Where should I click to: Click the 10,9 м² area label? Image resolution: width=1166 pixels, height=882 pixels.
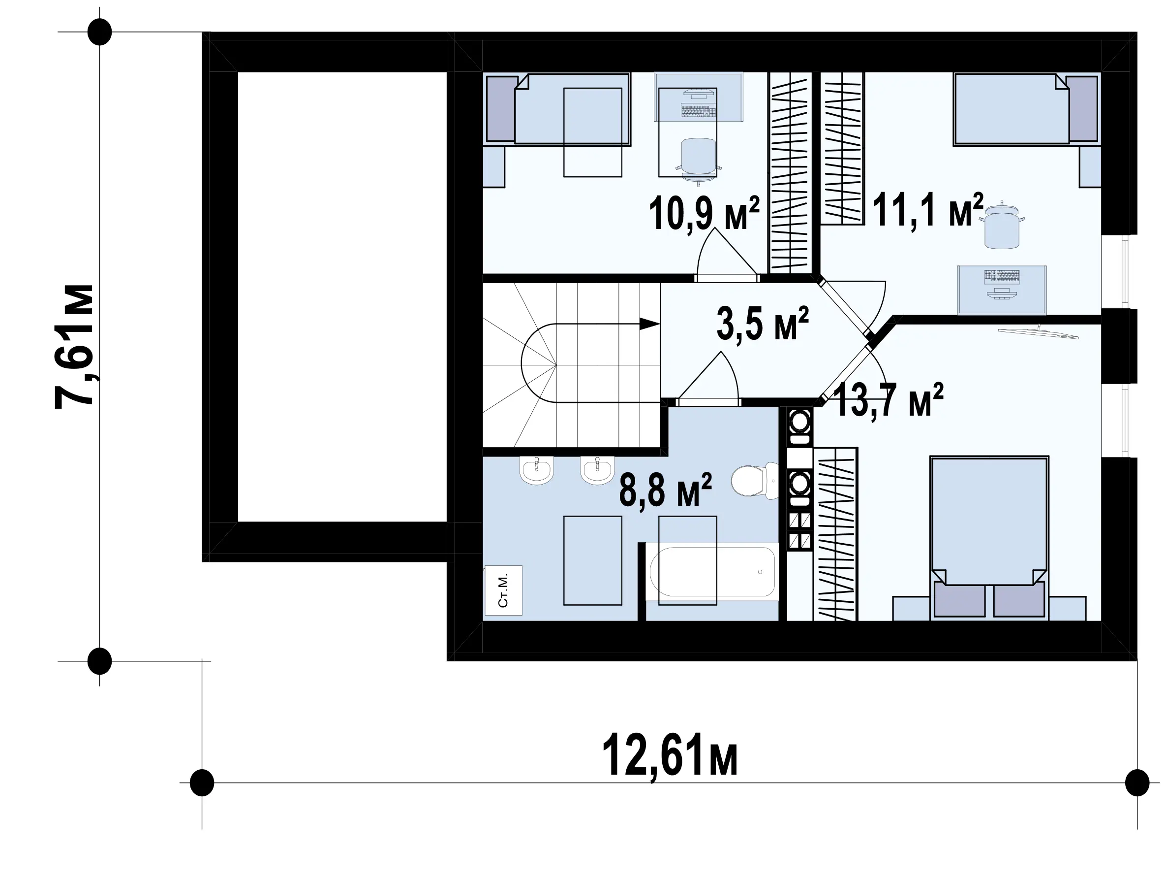click(705, 213)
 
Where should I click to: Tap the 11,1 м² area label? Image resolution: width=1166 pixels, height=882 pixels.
click(928, 209)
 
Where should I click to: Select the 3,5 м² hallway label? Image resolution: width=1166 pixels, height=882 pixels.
click(762, 324)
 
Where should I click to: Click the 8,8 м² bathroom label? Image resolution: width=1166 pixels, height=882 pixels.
click(665, 490)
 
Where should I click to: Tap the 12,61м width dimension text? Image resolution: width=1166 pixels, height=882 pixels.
click(670, 754)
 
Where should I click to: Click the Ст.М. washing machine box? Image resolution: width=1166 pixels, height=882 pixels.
click(503, 590)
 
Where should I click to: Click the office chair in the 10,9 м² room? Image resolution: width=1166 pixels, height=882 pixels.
click(699, 158)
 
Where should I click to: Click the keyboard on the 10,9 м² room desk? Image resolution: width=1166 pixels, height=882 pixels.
click(698, 111)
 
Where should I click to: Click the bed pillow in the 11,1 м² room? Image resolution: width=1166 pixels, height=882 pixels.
click(1083, 109)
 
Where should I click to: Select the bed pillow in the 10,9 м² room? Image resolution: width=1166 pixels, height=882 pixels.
click(501, 109)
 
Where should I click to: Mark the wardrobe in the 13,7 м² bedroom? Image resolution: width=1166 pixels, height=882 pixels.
click(835, 534)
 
